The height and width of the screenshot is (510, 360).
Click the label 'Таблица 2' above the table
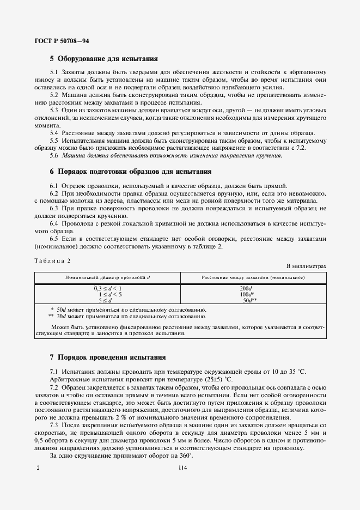[x=53, y=261]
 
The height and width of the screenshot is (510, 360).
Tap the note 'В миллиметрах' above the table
[x=306, y=266]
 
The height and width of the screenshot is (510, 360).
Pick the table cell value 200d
[x=246, y=288]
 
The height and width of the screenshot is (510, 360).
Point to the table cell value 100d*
[x=248, y=294]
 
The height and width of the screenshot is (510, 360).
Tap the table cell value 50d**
[x=249, y=300]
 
